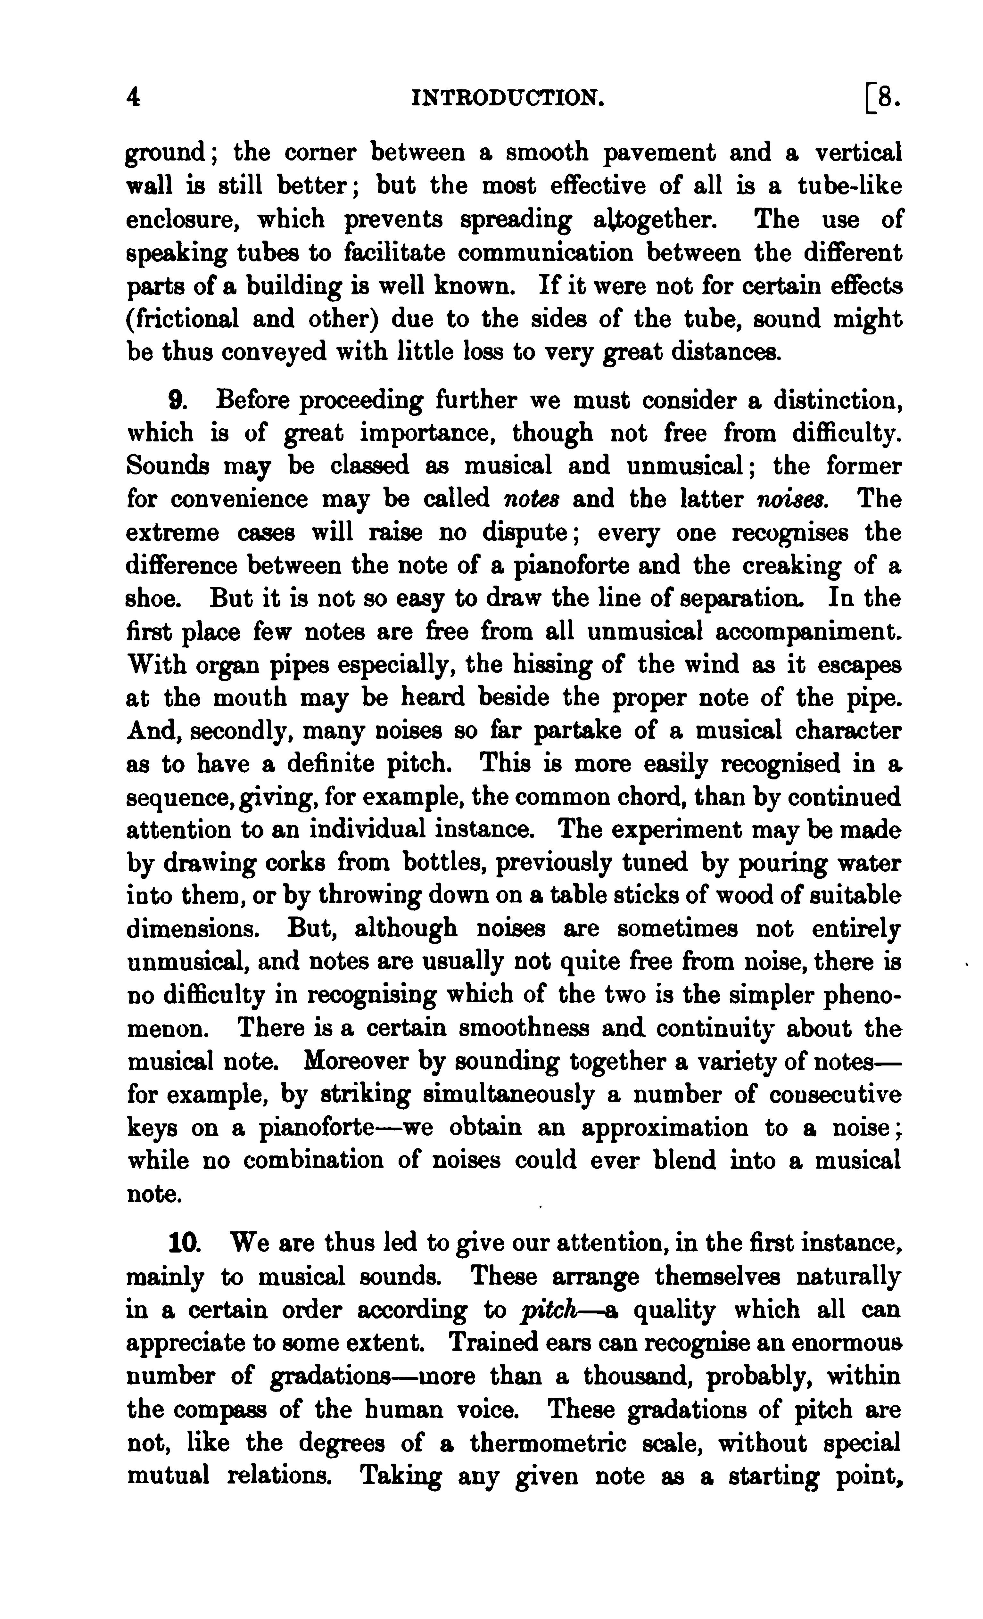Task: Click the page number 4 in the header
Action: point(133,99)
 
